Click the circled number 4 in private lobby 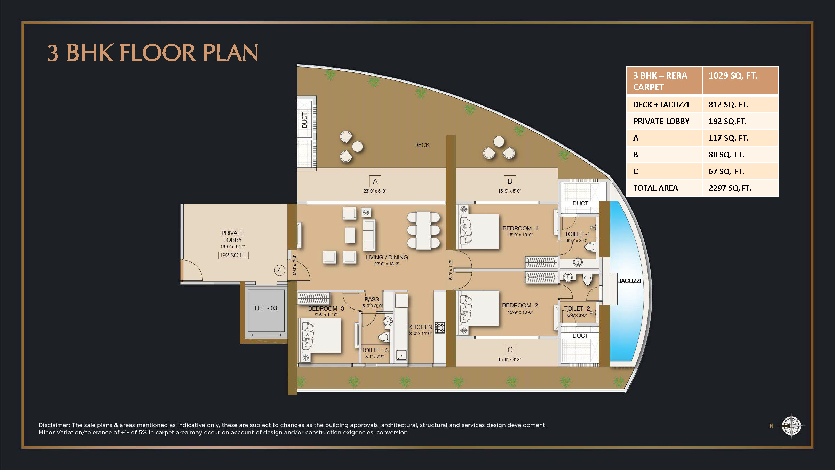279,271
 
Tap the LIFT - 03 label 265,308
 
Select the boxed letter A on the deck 375,181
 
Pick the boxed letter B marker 510,181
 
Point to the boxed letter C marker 510,350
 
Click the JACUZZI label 629,281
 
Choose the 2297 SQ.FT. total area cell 740,188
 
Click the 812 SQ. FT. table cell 740,104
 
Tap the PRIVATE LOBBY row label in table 661,121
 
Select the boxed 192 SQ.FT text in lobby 233,255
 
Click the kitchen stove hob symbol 440,328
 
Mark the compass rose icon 791,425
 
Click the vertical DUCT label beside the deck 305,120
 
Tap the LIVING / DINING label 387,257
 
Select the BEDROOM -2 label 520,305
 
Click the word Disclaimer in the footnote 54,425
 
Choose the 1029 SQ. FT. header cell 740,81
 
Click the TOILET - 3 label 375,350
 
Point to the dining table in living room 423,230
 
